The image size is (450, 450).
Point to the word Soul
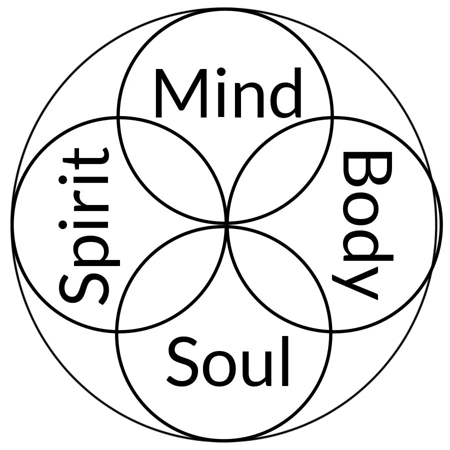(228, 362)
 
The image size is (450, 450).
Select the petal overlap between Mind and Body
(280, 170)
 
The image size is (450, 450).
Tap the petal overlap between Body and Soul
(280, 277)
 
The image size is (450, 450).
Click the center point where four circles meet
(226, 224)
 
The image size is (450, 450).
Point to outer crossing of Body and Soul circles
(331, 330)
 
